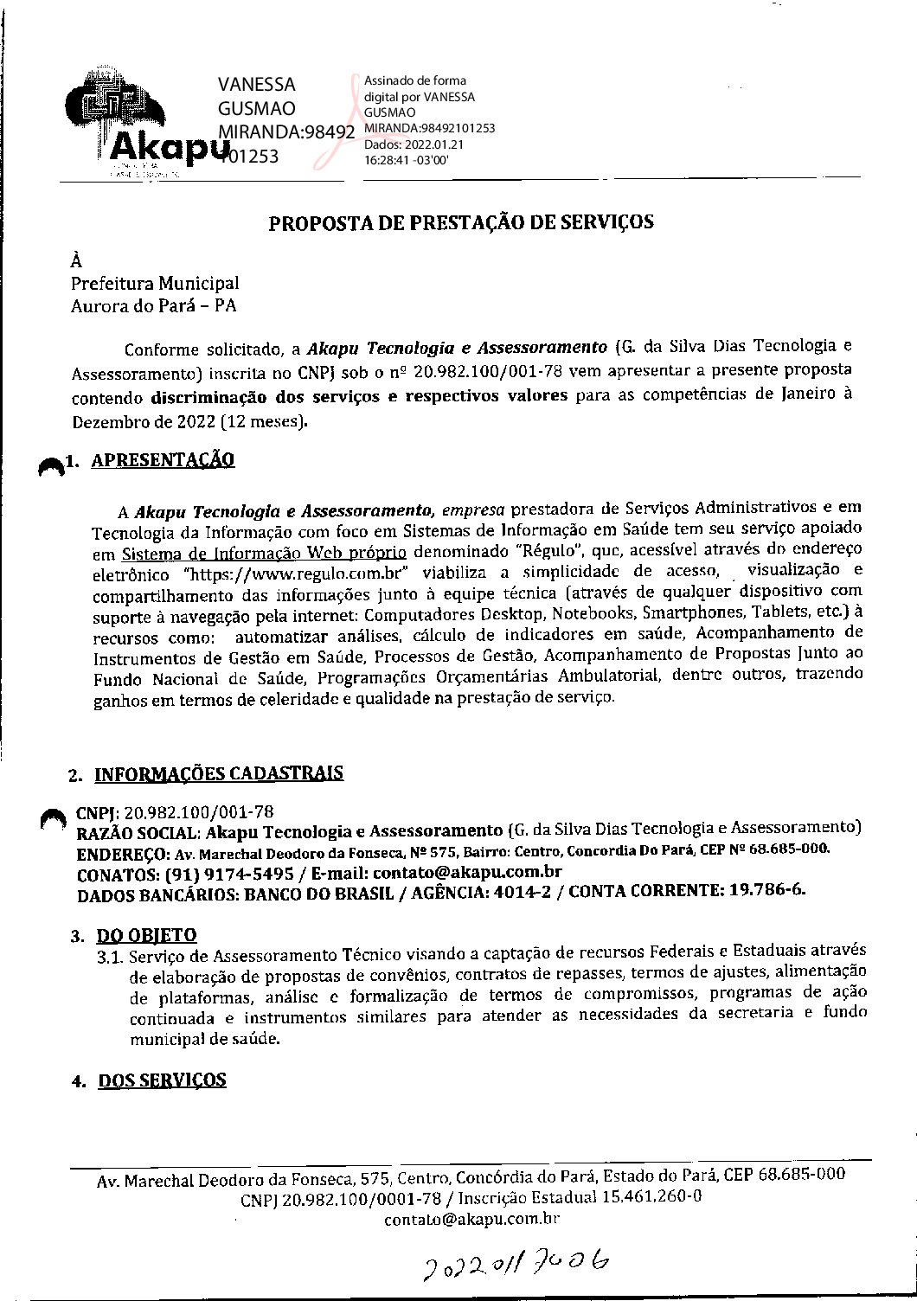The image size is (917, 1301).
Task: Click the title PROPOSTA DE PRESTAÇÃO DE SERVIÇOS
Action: coord(461,222)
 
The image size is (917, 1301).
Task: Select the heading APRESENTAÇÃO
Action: coord(163,460)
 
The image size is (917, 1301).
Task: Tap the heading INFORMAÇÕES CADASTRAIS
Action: coord(218,773)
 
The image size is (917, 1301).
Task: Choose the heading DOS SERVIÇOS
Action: coord(163,1080)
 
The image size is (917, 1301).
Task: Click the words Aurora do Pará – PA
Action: coord(154,305)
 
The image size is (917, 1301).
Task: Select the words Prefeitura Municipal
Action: coord(155,283)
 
